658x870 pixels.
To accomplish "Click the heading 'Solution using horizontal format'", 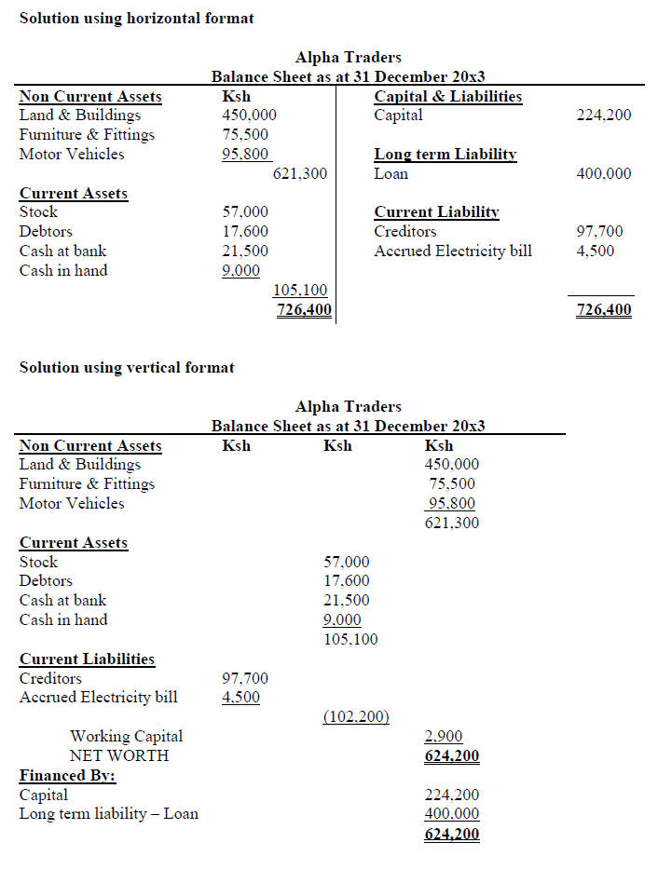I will point(136,19).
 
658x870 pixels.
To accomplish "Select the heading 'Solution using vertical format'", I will point(127,367).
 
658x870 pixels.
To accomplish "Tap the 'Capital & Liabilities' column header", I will point(447,96).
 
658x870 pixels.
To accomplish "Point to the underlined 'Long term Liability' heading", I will point(446,155).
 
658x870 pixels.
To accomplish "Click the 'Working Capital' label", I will point(126,736).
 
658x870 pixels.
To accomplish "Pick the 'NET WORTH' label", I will point(119,755).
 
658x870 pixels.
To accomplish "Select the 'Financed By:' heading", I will point(67,775).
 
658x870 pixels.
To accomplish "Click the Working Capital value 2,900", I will point(444,736).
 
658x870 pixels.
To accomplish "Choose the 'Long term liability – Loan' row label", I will point(109,813).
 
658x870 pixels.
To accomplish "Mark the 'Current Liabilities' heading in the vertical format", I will point(87,659).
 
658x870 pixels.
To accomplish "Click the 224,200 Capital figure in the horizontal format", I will point(605,116).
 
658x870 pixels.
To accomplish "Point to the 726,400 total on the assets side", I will point(304,310).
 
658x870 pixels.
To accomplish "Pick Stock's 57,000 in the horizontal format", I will point(245,212).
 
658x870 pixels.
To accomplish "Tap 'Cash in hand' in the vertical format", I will point(63,619).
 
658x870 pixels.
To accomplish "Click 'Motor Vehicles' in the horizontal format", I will point(72,154).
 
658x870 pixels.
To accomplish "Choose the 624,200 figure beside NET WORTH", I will point(451,755).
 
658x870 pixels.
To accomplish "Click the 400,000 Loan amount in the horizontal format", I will point(605,173).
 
